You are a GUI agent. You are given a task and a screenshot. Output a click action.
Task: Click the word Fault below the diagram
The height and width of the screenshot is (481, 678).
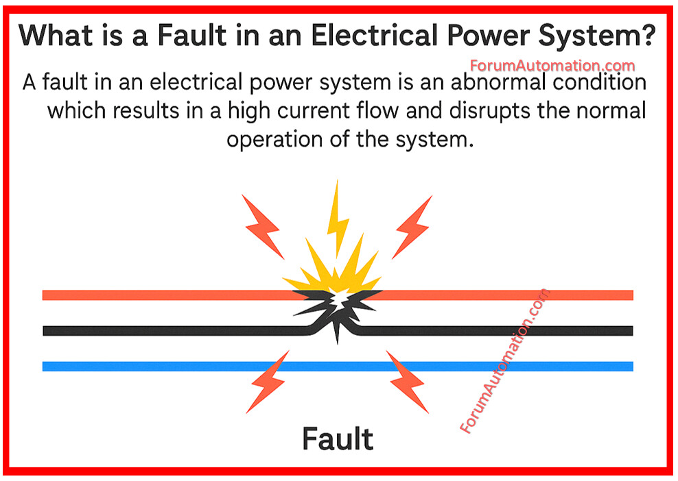point(338,439)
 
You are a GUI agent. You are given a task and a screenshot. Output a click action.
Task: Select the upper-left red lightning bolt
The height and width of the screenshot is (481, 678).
point(263,226)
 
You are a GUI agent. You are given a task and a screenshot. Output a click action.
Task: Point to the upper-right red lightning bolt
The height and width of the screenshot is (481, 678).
point(412,227)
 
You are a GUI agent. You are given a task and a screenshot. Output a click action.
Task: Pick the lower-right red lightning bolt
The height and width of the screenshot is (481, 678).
point(407,382)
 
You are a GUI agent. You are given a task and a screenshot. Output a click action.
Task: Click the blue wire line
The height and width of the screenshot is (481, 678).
point(338,367)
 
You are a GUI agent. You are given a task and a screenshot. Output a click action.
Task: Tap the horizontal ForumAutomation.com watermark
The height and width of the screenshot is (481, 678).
point(552,66)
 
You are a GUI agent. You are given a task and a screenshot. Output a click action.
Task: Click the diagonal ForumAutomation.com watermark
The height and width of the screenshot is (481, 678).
point(504,360)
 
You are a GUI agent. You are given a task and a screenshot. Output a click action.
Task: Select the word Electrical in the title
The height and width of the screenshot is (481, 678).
point(374,35)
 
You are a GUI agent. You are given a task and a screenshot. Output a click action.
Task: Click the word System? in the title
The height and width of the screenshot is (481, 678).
point(597,36)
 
